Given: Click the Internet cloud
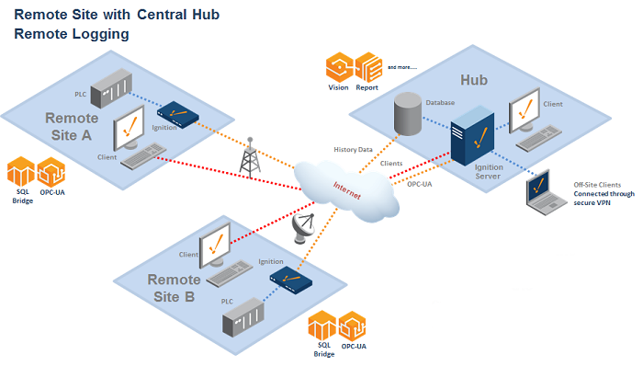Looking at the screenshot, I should [x=346, y=189].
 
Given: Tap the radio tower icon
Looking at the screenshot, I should [x=249, y=157].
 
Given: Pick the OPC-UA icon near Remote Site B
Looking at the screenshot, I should [x=354, y=326].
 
